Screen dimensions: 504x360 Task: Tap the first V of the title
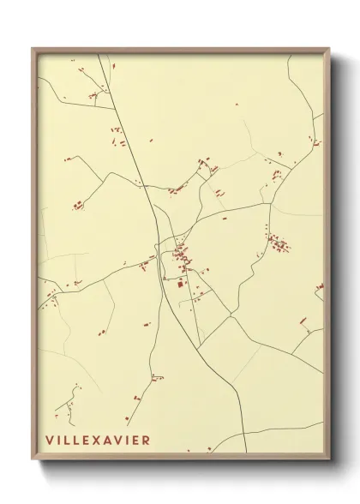tap(50, 440)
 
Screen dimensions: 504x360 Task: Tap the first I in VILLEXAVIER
tap(59, 440)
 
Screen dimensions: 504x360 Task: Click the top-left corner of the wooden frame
tap(33, 48)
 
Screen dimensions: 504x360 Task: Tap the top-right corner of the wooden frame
tap(329, 48)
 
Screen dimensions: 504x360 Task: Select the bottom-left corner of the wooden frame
tap(33, 461)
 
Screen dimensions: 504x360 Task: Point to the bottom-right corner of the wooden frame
tap(329, 461)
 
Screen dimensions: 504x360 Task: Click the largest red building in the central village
tap(180, 283)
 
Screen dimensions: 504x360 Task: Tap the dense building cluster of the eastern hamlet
tap(279, 244)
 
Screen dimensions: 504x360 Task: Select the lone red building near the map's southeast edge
tap(303, 321)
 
